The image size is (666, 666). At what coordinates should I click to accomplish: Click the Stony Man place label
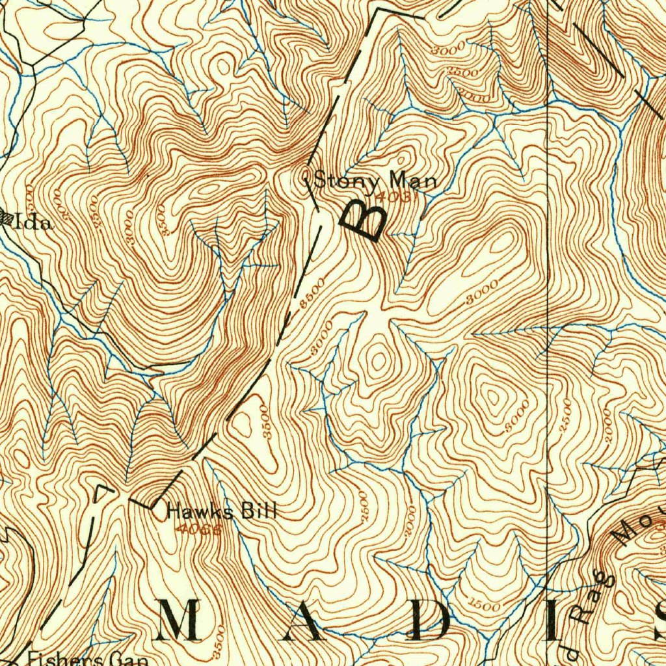tap(375, 180)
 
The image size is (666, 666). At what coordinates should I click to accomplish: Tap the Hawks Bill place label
tap(222, 511)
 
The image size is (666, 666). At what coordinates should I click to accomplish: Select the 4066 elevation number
tap(198, 529)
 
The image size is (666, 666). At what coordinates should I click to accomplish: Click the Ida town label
tap(33, 222)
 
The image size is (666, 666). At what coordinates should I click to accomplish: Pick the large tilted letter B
tap(362, 220)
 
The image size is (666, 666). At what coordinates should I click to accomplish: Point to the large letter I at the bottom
tap(553, 620)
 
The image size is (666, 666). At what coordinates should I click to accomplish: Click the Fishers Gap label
tap(87, 659)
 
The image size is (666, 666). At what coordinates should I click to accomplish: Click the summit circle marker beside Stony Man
tap(307, 180)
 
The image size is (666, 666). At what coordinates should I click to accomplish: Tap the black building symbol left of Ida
tap(5, 219)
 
